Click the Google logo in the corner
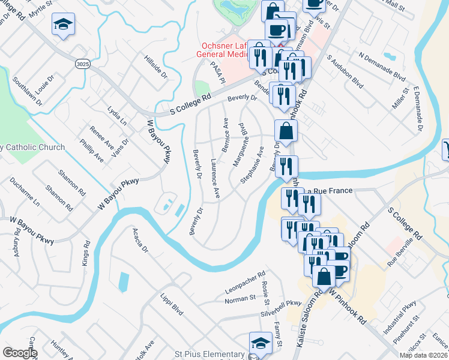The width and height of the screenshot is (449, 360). (x=20, y=353)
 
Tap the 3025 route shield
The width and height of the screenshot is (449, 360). (x=83, y=62)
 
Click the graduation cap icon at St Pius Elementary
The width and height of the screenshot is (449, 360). (x=260, y=343)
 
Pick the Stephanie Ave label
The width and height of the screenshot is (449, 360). (x=252, y=164)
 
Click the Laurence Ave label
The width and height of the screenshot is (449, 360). (x=215, y=178)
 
